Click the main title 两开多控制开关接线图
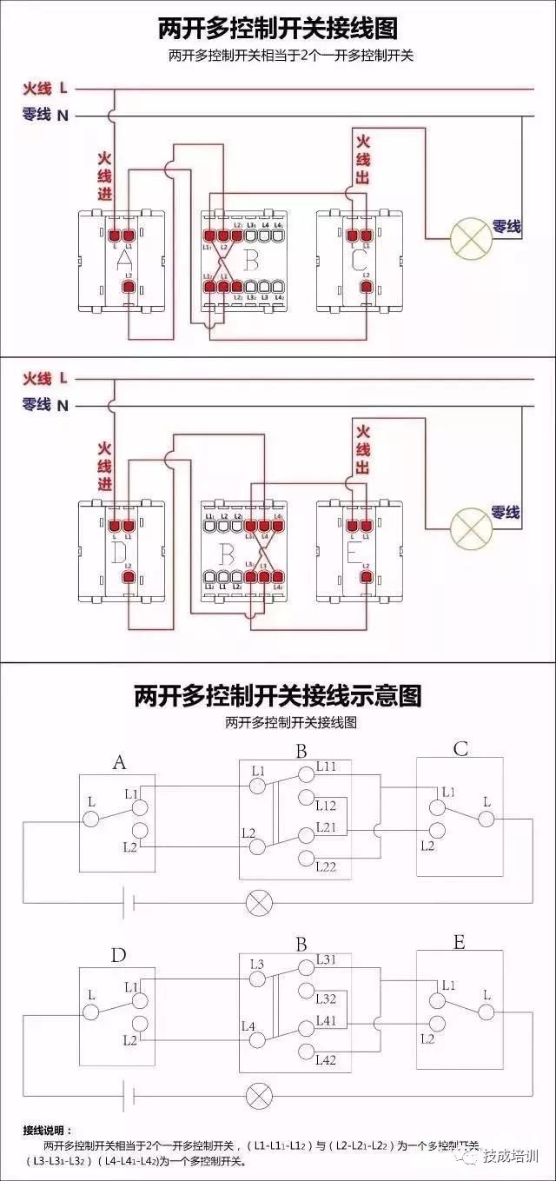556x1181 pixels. pos(277,28)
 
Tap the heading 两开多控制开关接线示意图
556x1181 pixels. pos(277,695)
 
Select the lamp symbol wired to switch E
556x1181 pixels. pos(470,525)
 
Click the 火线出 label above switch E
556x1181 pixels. pos(362,448)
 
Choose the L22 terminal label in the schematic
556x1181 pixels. pos(327,866)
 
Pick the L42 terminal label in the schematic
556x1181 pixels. pos(327,1059)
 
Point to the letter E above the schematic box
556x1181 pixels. pos(459,942)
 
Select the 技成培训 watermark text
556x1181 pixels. pos(510,1157)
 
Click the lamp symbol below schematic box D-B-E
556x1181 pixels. pos(258,1093)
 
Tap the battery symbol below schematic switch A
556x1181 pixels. pos(129,902)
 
